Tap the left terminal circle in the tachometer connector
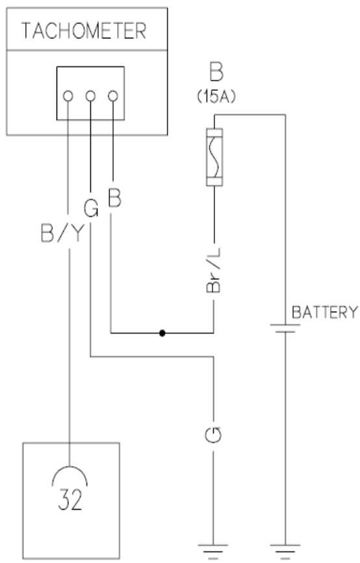click(x=68, y=96)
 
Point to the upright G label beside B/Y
click(x=91, y=209)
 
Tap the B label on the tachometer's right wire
click(x=114, y=199)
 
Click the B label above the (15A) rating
click(x=214, y=71)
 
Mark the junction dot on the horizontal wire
click(x=162, y=334)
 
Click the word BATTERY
click(x=324, y=312)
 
